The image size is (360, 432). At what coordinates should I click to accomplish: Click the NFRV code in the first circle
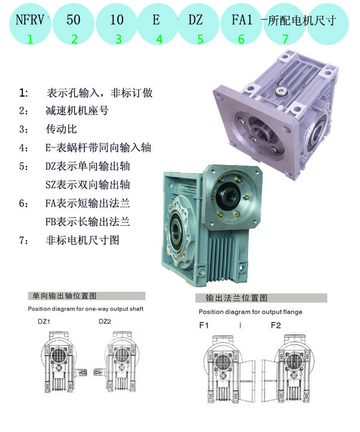coord(30,20)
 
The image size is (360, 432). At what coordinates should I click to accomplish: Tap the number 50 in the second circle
coord(73,20)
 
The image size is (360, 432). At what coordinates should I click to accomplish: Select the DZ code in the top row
coord(196,20)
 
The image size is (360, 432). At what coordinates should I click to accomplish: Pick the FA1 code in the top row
coord(242,20)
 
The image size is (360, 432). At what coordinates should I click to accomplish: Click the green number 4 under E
coord(159,39)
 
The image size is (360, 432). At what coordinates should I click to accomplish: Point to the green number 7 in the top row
coord(286,39)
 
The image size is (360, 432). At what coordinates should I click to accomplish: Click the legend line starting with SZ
coord(88,185)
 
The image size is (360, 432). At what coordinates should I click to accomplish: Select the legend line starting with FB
coord(88,221)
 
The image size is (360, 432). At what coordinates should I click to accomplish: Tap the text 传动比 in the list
coord(61,129)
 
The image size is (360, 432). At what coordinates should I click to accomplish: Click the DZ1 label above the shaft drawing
coord(44,322)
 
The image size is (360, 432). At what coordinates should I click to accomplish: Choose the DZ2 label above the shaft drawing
coord(104,322)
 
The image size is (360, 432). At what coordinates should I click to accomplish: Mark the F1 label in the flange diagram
coord(204,325)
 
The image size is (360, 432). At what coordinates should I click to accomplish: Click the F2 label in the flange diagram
coord(276,325)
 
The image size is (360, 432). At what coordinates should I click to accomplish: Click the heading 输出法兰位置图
coord(236,298)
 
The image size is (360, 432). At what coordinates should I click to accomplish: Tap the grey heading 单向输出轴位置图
coord(64,296)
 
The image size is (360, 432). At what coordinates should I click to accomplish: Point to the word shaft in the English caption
coord(136,309)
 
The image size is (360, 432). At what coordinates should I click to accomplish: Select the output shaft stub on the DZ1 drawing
coord(81,373)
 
